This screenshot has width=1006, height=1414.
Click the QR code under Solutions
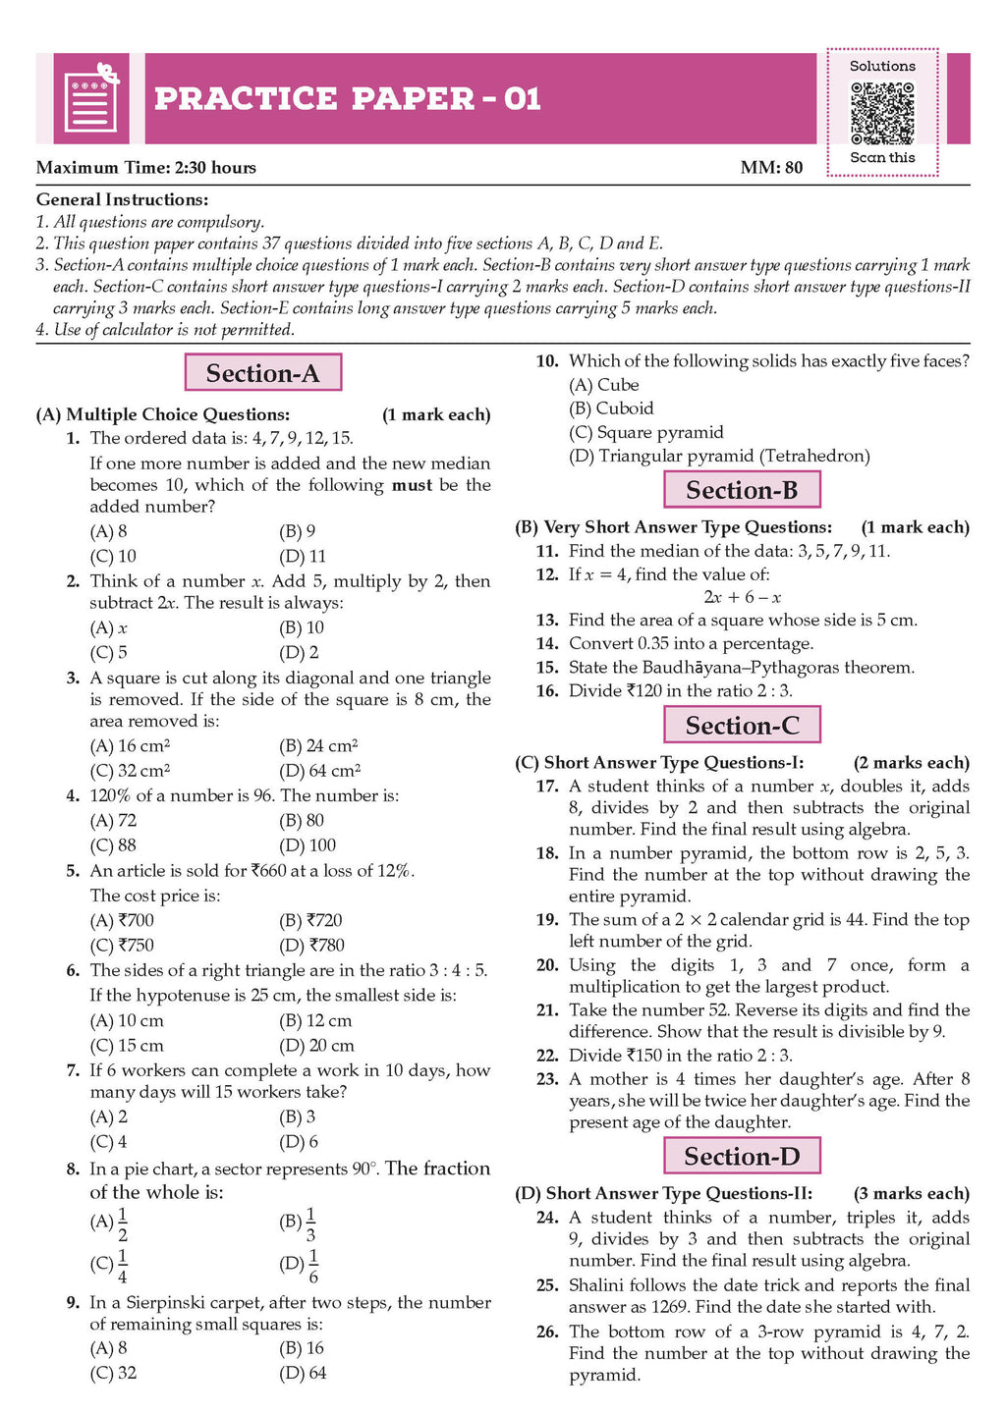coord(881,113)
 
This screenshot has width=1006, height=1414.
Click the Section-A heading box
coord(263,373)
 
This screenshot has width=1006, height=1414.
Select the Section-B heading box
coord(742,490)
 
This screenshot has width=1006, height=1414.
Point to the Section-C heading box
coord(742,726)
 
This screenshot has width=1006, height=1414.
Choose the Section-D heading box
coord(742,1157)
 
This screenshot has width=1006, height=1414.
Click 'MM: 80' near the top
coord(771,168)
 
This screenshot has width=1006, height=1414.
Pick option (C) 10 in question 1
coord(113,556)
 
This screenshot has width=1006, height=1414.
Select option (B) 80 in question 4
coord(302,820)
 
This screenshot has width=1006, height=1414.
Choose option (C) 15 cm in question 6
coord(127,1046)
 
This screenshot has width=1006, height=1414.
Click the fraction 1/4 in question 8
coord(123,1266)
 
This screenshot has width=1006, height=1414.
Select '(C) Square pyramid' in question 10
coord(646,432)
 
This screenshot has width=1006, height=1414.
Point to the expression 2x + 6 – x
coord(742,597)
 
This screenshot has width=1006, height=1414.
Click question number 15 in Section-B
coord(547,668)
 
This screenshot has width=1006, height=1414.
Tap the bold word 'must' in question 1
coord(412,485)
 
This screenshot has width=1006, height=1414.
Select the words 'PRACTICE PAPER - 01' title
coord(348,99)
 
